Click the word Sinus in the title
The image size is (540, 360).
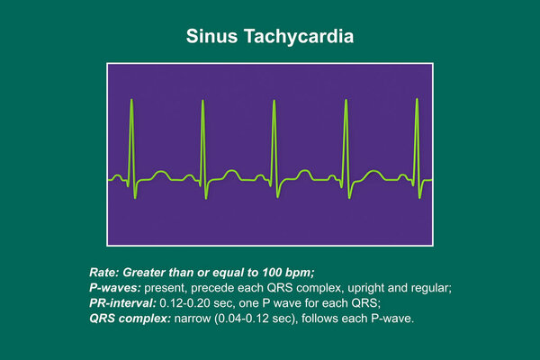211,36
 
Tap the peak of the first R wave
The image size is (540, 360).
131,100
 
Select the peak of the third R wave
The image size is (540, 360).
274,101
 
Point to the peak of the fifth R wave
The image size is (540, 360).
417,99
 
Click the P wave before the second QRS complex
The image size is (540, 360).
189,177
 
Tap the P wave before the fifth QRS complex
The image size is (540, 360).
402,177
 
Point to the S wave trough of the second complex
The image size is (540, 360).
206,198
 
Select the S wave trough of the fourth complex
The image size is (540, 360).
349,198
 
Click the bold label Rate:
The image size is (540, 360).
104,273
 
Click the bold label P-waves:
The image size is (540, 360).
115,288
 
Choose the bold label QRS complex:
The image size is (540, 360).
130,319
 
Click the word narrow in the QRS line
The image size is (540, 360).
193,319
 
